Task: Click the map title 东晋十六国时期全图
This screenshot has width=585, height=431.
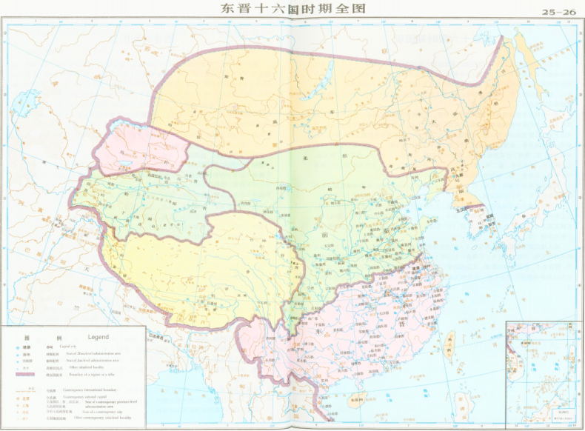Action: click(292, 10)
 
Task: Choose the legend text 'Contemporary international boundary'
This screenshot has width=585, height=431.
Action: click(90, 390)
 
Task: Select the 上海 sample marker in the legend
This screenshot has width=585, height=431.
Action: click(21, 405)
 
